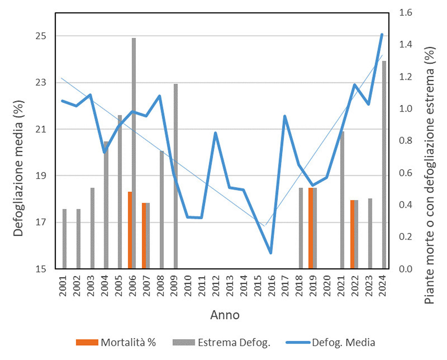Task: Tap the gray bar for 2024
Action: click(384, 165)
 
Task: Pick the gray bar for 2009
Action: click(176, 176)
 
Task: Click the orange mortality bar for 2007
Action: click(144, 236)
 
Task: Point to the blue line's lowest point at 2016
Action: click(271, 253)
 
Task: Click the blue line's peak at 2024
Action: click(382, 34)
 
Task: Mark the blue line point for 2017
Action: click(284, 116)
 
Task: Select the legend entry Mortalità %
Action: click(116, 342)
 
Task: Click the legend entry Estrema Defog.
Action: click(221, 342)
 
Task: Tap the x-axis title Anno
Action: click(225, 315)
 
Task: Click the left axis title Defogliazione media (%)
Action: click(18, 168)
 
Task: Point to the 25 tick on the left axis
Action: click(41, 36)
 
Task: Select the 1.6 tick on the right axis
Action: click(405, 13)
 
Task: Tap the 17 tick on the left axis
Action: click(41, 222)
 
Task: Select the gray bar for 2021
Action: click(342, 200)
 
